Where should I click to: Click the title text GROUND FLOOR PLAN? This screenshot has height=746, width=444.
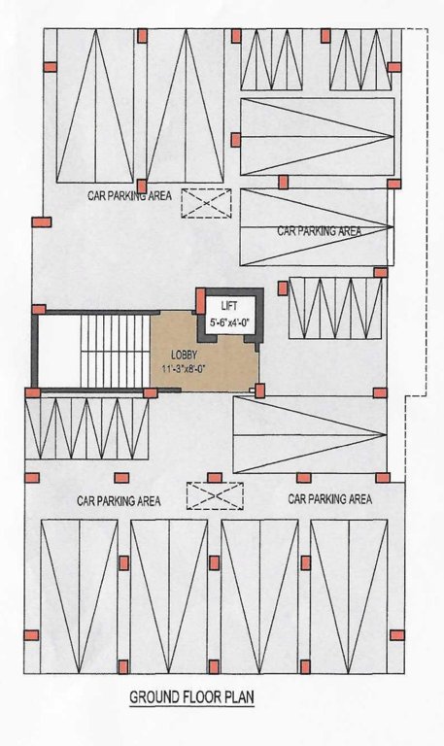(191, 697)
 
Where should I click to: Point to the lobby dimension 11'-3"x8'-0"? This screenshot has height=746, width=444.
(188, 369)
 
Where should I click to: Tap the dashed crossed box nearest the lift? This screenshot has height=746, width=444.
(206, 203)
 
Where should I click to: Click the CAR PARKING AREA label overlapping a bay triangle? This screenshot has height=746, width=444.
(319, 231)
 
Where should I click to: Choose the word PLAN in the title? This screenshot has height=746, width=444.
(237, 697)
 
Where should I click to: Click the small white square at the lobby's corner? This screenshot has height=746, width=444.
(252, 390)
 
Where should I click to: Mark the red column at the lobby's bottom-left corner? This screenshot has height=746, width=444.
(150, 393)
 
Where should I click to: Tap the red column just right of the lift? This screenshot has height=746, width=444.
(282, 288)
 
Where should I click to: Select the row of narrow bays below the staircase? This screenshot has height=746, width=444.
(87, 429)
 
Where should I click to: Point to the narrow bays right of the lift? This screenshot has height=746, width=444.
(335, 308)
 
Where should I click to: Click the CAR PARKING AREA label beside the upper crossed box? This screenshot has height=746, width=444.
(129, 195)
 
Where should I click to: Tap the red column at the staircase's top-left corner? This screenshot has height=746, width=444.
(40, 309)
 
